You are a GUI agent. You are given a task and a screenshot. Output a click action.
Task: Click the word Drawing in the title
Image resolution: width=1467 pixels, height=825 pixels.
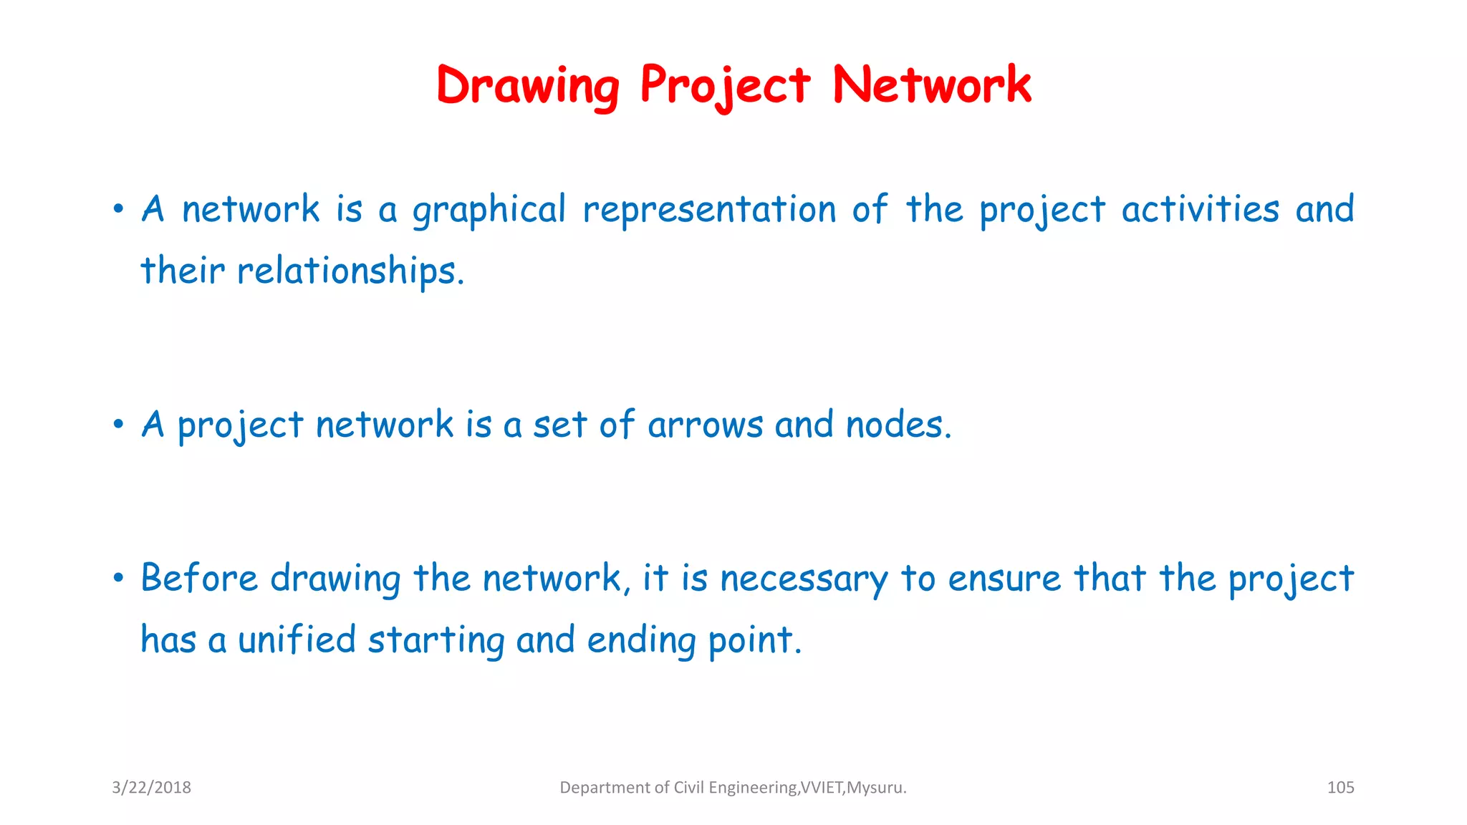tap(528, 86)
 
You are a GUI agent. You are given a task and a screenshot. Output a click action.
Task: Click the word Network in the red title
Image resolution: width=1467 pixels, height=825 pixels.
tap(931, 85)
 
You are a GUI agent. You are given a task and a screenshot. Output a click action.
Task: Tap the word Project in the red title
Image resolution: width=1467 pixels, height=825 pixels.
tap(725, 86)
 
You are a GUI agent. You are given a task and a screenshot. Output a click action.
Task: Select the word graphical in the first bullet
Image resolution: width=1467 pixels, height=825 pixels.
tap(489, 211)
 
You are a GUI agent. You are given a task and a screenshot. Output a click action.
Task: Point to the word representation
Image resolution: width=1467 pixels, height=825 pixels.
tap(709, 211)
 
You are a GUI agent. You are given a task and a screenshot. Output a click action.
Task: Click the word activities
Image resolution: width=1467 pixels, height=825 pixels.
tap(1200, 209)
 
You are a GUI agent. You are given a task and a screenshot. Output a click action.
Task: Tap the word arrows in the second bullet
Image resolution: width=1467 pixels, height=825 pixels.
tap(705, 425)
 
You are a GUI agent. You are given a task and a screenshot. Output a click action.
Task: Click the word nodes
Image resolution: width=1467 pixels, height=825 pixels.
tap(898, 425)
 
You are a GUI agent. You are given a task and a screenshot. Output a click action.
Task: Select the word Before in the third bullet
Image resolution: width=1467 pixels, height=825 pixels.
tap(198, 578)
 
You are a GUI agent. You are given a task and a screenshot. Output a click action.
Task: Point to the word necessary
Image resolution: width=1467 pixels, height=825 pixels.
tap(804, 579)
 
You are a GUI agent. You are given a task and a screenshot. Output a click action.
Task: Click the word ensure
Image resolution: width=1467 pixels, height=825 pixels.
tap(1004, 579)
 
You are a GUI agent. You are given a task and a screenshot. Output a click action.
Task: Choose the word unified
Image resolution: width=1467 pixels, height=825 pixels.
tap(297, 640)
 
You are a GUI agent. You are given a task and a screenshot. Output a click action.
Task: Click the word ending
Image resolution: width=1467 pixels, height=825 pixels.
tap(641, 641)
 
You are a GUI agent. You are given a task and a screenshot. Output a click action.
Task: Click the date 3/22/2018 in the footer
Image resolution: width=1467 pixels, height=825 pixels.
tap(151, 788)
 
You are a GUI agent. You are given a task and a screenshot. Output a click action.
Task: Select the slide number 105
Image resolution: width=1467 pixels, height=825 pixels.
tap(1340, 788)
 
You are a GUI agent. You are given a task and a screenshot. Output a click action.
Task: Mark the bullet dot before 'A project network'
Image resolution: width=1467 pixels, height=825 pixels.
tap(118, 425)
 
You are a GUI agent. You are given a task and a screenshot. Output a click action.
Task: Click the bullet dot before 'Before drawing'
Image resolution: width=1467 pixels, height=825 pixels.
tap(118, 578)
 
